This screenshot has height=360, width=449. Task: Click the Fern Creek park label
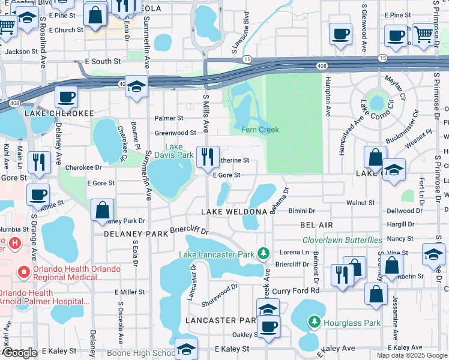point(260,130)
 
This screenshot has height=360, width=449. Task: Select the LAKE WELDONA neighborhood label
point(234,212)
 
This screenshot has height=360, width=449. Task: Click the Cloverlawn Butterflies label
point(342,240)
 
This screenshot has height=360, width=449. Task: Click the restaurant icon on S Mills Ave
point(208,157)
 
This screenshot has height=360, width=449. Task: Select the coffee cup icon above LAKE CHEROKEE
point(66,97)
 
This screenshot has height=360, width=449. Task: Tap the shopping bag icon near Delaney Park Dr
point(102,209)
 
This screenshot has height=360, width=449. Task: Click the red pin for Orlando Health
point(24,272)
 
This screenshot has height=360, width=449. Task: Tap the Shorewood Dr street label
point(220,295)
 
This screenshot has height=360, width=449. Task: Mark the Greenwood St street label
point(175,133)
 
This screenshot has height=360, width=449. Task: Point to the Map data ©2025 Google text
point(412,355)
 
